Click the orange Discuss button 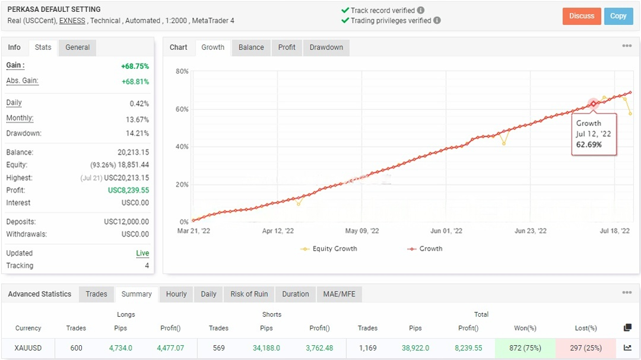pos(582,16)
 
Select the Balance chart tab pos(251,47)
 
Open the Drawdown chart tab pos(326,47)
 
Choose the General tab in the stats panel pos(77,47)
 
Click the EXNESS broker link pos(72,21)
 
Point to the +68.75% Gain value pos(135,66)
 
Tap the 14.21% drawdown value pos(138,133)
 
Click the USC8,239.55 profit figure pos(128,190)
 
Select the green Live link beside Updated pos(142,253)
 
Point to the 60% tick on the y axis pos(182,109)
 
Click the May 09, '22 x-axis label pos(362,231)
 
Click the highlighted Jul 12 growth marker pos(593,104)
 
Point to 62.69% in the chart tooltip pos(589,145)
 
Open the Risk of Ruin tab pos(249,294)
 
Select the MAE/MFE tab pos(339,294)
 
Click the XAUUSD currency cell pos(28,348)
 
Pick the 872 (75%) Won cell pos(525,348)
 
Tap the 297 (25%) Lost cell pos(585,348)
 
